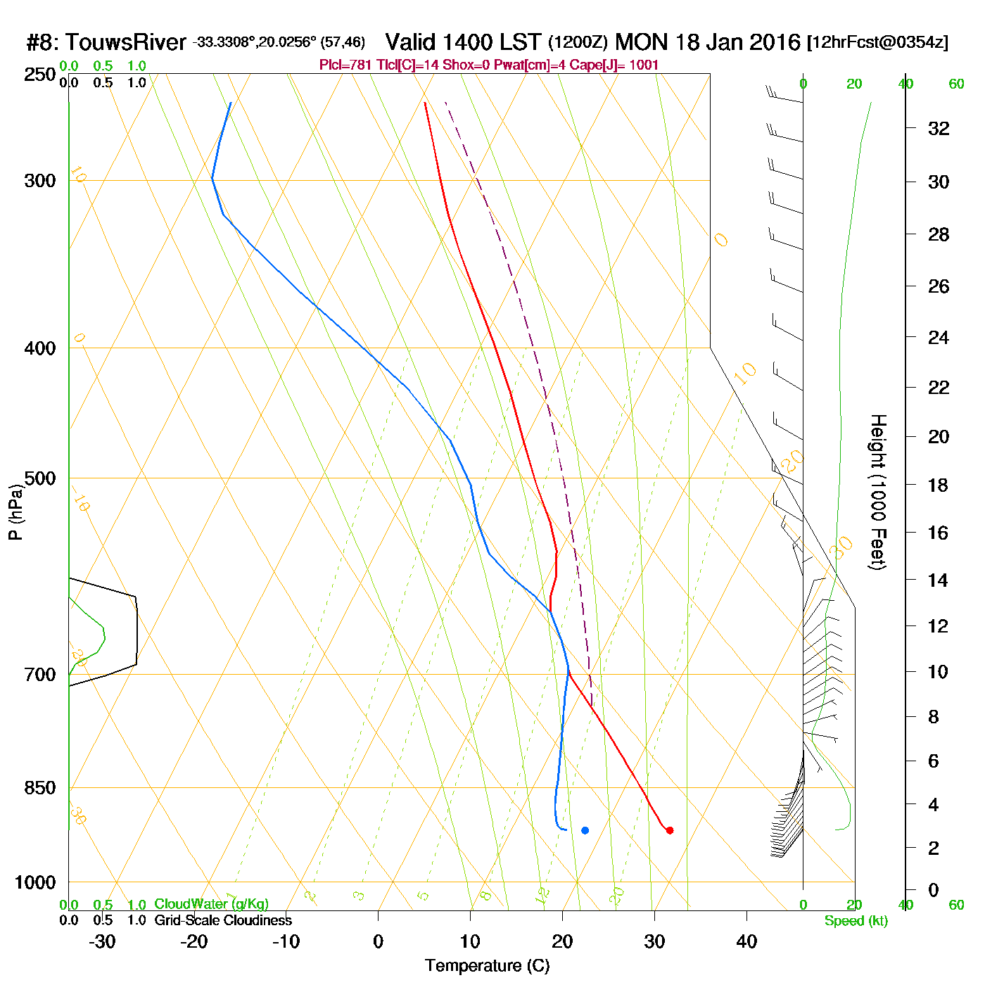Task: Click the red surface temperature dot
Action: (669, 830)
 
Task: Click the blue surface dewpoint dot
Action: (585, 830)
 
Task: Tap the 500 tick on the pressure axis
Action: (40, 478)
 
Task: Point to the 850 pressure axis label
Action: (40, 788)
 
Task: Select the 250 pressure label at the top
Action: (40, 75)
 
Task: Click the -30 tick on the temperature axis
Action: (102, 941)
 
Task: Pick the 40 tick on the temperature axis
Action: (746, 941)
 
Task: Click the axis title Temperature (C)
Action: (487, 966)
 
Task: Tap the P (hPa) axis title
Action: (15, 512)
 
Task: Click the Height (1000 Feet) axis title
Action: (878, 492)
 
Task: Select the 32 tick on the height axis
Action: (939, 128)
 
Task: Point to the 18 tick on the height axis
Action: (939, 485)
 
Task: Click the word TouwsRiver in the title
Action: (125, 42)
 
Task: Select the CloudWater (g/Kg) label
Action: (211, 904)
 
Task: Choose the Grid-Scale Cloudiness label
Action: (223, 920)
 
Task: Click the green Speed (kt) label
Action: (856, 921)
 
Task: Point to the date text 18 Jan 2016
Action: (738, 42)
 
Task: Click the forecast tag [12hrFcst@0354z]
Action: (877, 42)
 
